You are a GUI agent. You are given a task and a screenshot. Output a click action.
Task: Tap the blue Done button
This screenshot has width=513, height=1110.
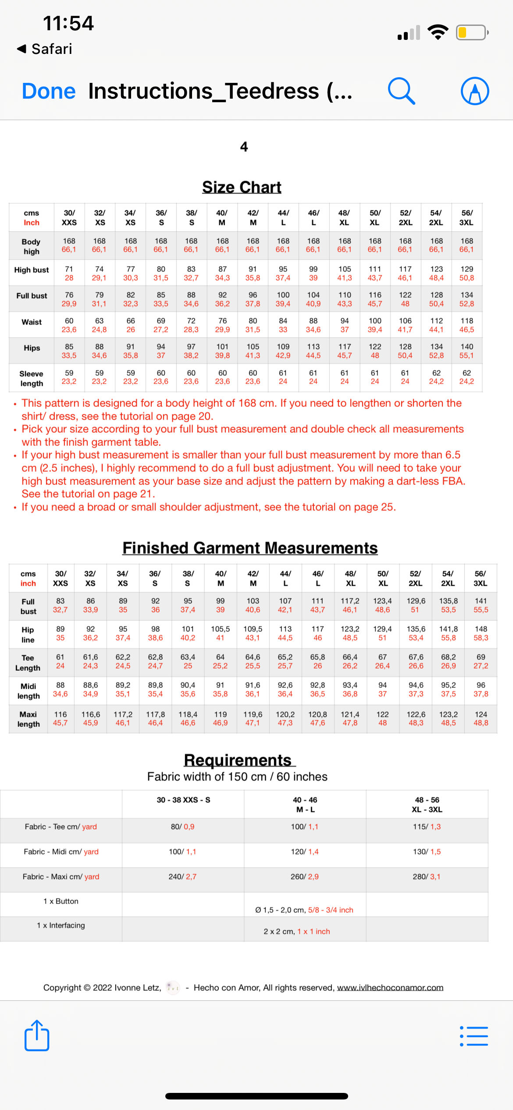(49, 91)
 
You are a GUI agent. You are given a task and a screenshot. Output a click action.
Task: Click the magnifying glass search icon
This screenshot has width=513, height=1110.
(401, 91)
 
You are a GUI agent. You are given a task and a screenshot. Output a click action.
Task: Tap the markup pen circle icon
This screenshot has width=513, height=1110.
(475, 91)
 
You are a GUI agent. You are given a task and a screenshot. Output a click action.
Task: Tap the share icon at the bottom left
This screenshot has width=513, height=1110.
(37, 1036)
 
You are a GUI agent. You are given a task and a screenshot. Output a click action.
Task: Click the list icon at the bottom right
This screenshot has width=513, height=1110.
(474, 1036)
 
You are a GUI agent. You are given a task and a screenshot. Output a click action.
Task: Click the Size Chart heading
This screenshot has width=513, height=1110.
(242, 187)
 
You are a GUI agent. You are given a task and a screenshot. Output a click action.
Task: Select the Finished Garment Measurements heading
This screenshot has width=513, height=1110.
(250, 548)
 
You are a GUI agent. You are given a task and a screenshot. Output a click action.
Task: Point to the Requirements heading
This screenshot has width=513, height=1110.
(238, 760)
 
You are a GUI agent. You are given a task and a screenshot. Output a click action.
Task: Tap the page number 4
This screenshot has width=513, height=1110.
(244, 146)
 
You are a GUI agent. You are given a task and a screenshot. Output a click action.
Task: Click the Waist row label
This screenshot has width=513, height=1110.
(32, 322)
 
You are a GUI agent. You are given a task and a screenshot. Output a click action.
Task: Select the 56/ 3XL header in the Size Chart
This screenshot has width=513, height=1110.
(467, 217)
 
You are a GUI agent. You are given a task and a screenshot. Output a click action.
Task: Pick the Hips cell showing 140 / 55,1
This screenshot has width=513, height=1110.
(467, 351)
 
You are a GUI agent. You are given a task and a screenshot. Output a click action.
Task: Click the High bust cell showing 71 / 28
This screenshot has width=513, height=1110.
(69, 274)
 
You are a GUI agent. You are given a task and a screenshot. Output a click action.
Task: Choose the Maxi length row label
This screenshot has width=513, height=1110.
(28, 719)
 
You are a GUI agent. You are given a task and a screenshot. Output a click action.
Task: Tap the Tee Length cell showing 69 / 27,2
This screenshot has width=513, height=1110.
(481, 662)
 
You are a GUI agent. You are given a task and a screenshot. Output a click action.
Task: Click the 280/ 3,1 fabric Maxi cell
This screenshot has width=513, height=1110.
(427, 876)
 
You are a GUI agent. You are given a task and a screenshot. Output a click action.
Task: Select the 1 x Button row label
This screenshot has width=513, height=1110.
(61, 901)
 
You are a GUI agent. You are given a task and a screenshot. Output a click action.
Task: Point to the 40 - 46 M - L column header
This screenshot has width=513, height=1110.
(305, 804)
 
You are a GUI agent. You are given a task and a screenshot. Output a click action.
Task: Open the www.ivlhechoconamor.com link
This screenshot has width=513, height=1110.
(390, 988)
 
